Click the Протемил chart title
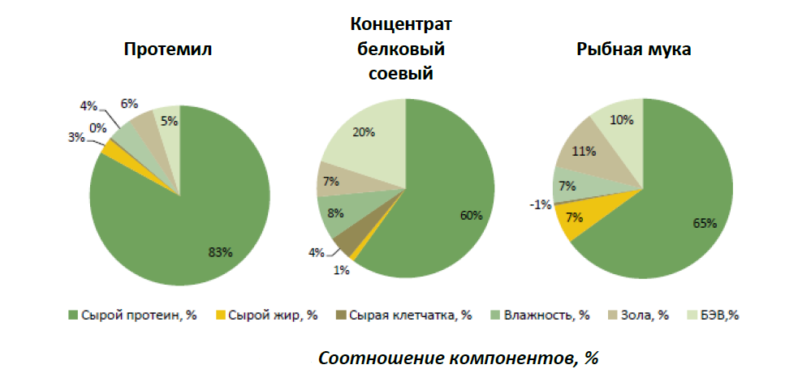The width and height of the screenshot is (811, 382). tap(167, 49)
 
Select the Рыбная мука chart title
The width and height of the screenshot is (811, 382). tap(634, 49)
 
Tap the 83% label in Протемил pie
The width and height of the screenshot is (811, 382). tap(220, 252)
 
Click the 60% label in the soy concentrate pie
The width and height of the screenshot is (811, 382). tap(471, 216)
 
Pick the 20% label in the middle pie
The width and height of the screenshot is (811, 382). tap(363, 132)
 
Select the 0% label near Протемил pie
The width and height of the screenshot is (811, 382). tap(97, 127)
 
